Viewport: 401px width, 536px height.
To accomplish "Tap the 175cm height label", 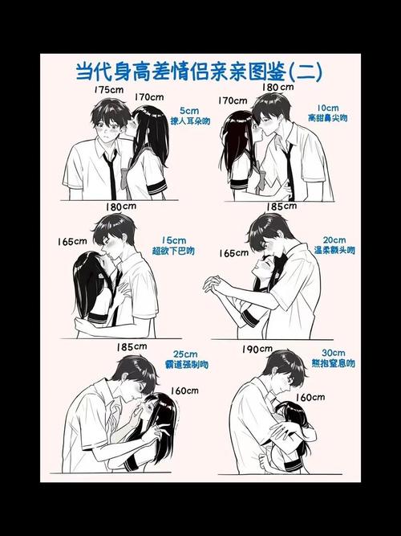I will click(107, 90).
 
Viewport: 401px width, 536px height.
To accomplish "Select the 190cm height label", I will click(256, 349).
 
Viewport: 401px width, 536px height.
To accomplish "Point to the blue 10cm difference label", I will click(326, 107).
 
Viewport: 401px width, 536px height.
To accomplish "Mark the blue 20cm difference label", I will click(334, 240).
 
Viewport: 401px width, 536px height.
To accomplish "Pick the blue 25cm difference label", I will click(185, 354).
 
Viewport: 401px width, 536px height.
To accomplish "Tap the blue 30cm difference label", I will click(330, 352).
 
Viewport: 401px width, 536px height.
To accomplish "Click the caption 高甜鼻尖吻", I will click(327, 118).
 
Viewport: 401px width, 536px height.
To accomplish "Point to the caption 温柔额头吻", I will click(334, 252).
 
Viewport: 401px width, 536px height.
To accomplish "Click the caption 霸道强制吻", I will click(186, 365).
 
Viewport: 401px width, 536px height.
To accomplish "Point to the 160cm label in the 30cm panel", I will click(310, 397).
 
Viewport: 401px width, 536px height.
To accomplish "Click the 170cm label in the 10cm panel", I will click(232, 100).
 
